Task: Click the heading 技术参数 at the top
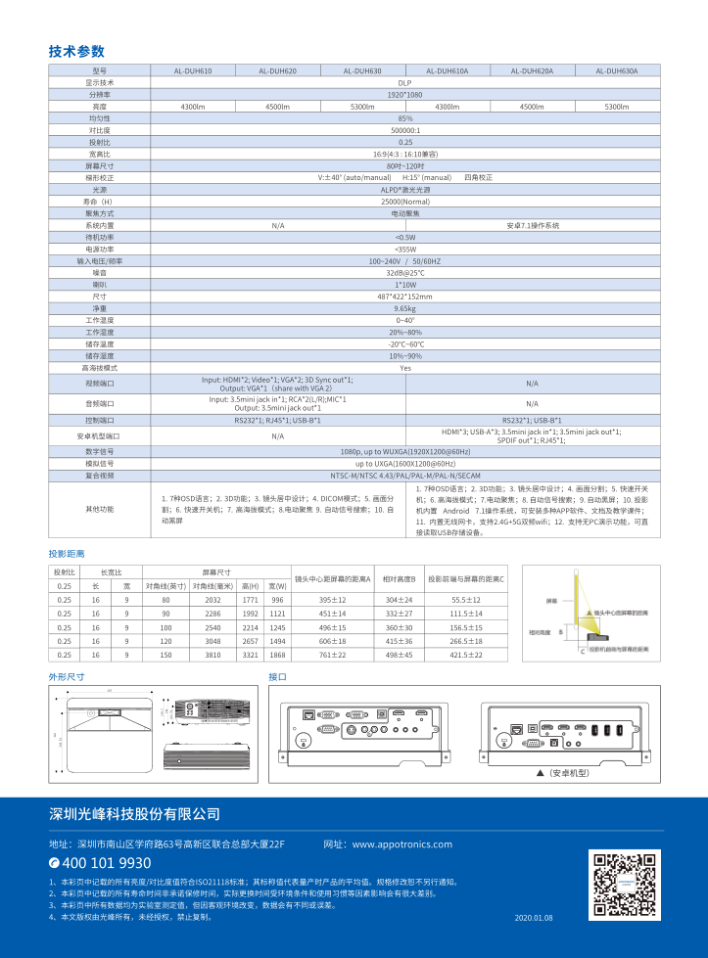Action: point(76,52)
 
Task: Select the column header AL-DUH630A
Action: point(616,71)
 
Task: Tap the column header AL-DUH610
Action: point(192,71)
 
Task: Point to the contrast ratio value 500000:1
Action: point(404,129)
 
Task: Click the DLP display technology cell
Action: point(404,83)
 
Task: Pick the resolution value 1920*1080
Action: point(404,95)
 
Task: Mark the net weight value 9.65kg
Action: point(404,307)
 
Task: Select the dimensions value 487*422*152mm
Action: point(404,296)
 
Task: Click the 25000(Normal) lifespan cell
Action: point(404,201)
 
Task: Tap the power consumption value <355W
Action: point(404,249)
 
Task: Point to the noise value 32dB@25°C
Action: point(404,272)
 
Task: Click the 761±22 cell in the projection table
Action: point(332,655)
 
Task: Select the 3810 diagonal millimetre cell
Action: point(212,655)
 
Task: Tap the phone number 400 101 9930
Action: point(100,863)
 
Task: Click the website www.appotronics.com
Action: point(401,844)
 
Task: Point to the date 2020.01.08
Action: point(534,918)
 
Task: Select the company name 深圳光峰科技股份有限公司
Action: point(134,814)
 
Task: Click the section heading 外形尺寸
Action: point(67,677)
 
